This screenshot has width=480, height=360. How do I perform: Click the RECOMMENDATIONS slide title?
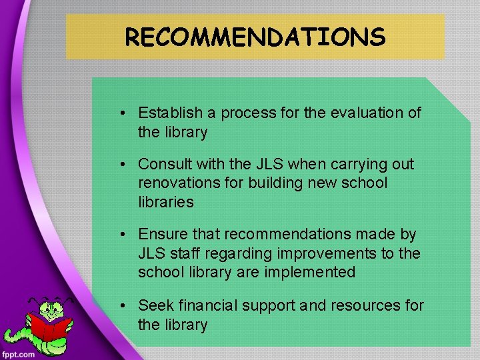[x=255, y=37]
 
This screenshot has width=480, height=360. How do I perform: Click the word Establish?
[x=166, y=113]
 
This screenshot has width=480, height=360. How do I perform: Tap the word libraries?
[x=165, y=202]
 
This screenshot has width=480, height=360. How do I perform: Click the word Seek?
[x=153, y=305]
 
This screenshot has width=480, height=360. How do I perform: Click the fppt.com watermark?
[x=19, y=353]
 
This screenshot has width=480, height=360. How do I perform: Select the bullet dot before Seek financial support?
[x=125, y=306]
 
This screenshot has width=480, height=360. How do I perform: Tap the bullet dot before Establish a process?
[x=125, y=113]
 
